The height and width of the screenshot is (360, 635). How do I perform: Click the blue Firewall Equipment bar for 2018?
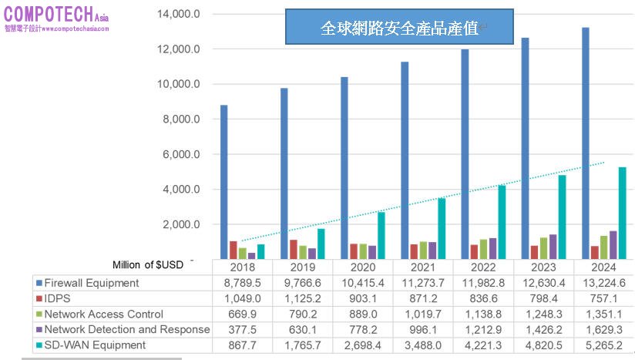(223, 181)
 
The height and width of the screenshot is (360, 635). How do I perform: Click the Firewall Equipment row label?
(92, 283)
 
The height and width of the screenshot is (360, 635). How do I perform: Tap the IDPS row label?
(56, 298)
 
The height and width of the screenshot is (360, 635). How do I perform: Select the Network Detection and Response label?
(126, 329)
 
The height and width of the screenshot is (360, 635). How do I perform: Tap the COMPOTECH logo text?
(48, 15)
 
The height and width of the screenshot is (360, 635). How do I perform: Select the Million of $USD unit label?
(147, 265)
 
